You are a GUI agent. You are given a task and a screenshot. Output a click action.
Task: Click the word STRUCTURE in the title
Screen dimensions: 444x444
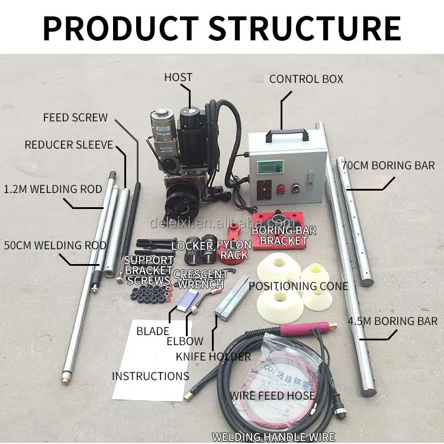[x=304, y=27]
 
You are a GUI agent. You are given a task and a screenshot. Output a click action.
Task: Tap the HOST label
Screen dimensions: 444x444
[x=178, y=78]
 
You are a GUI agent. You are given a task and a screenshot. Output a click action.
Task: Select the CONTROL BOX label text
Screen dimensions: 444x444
[x=306, y=79]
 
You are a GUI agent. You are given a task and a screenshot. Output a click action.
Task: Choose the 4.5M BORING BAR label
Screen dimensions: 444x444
[x=392, y=321]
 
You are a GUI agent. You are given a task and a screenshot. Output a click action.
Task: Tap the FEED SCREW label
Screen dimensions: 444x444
[x=75, y=117]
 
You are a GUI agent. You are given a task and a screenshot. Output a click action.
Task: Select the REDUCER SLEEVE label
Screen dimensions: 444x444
[x=69, y=144]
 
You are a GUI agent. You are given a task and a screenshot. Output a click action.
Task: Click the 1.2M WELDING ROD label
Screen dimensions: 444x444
[x=53, y=189]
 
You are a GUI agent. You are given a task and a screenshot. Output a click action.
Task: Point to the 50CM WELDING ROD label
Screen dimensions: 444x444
[x=55, y=245]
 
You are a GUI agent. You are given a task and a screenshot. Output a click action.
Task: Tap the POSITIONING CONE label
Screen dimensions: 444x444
[x=298, y=286]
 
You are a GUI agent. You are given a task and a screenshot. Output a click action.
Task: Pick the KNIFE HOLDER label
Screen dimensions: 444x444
[x=213, y=356]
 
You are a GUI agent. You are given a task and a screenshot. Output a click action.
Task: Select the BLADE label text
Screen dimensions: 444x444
[x=153, y=332]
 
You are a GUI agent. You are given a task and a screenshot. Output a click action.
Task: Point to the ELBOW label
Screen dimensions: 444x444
[x=184, y=341]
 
